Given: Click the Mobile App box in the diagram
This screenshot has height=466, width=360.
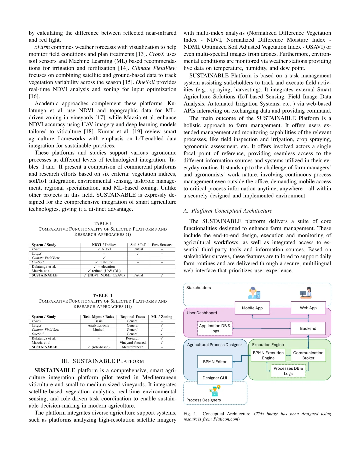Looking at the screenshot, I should [252, 308].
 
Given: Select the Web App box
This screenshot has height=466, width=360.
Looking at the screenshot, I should [308, 308].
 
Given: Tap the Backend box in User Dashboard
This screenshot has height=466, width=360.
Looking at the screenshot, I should [308, 329].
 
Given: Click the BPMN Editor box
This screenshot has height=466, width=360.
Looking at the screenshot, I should [215, 362].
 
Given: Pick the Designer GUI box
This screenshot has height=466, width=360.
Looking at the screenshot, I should [215, 378].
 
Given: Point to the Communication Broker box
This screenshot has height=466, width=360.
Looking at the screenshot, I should [308, 355].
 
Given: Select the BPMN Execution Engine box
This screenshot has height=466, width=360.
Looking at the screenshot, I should [268, 355].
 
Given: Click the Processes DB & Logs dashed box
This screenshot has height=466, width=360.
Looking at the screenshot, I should [288, 371].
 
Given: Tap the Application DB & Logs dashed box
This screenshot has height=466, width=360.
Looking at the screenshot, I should [215, 328].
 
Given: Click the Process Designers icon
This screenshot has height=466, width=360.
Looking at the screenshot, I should [215, 390].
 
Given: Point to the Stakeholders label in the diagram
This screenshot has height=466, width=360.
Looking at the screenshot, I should [198, 288].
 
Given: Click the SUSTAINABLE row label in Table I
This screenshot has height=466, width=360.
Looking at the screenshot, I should [45, 275].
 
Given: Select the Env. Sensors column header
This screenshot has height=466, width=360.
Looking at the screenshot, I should [162, 245].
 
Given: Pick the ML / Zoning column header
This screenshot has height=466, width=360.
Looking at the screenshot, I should [162, 317].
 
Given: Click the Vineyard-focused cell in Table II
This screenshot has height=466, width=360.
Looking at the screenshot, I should [133, 343].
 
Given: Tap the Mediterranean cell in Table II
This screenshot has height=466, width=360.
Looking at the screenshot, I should [133, 347].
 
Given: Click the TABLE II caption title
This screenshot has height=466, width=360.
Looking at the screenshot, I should [103, 296].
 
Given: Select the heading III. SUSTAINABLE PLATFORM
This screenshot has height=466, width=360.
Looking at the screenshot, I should [103, 361].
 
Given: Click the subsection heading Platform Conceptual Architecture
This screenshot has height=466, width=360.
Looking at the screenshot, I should [228, 211].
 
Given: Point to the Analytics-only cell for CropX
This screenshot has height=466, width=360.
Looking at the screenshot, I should [98, 325].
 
